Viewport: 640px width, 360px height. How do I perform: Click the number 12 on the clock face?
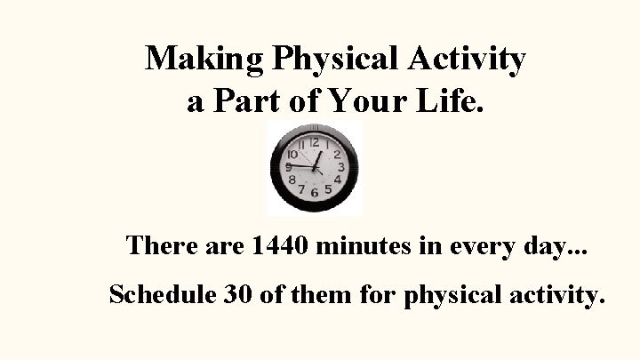click(x=315, y=142)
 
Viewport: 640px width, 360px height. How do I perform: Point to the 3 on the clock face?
click(x=341, y=166)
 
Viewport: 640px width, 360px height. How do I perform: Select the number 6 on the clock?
click(x=315, y=193)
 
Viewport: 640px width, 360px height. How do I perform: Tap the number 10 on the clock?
click(x=292, y=154)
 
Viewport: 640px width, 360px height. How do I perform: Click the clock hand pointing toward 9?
click(x=300, y=166)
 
